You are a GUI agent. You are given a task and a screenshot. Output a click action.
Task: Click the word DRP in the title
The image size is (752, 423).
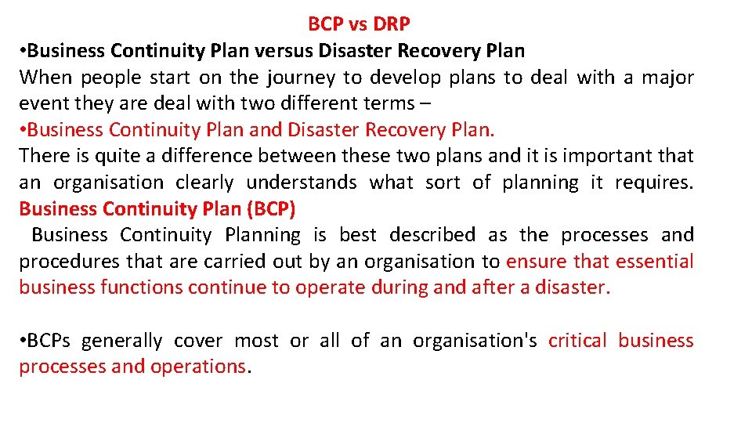click(x=392, y=24)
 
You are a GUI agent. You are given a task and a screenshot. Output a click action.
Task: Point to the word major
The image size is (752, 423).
click(x=668, y=78)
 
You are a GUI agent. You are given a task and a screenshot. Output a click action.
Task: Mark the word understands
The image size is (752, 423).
click(x=302, y=183)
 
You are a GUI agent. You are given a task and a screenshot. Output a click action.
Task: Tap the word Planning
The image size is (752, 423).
click(x=262, y=235)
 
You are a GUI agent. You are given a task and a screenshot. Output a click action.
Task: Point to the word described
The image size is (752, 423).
click(x=432, y=235)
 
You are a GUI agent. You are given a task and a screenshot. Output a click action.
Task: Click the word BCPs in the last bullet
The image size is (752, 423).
click(x=49, y=341)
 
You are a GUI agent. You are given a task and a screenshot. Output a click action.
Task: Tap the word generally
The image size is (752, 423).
click(x=121, y=341)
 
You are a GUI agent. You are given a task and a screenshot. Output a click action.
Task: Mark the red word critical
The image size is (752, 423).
click(x=577, y=341)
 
